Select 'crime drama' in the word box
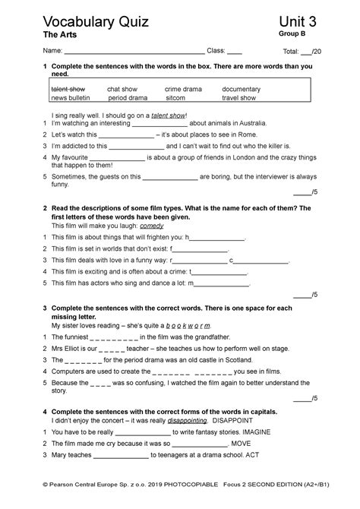pos(185,90)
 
